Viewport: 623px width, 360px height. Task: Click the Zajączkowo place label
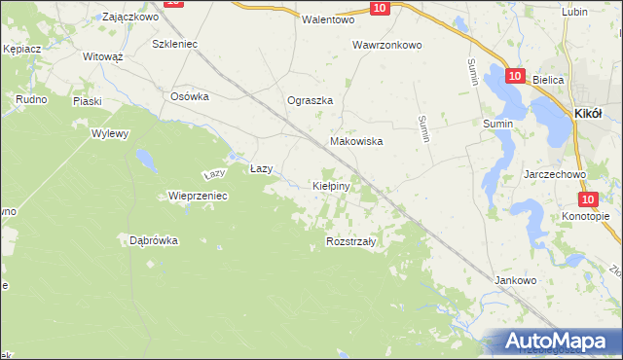129,17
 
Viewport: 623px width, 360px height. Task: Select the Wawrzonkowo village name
386,45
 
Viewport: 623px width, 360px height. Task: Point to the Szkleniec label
175,44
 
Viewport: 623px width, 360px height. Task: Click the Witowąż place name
102,57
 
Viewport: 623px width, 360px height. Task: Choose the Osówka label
190,95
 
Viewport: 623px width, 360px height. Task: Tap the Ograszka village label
311,100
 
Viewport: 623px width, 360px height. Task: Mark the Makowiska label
356,141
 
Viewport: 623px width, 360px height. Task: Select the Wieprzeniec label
198,196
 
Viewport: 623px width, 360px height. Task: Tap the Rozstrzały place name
351,240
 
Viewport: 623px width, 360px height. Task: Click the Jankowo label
516,280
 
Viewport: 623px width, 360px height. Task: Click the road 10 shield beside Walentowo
380,8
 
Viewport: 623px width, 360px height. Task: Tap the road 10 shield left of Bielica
515,75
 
